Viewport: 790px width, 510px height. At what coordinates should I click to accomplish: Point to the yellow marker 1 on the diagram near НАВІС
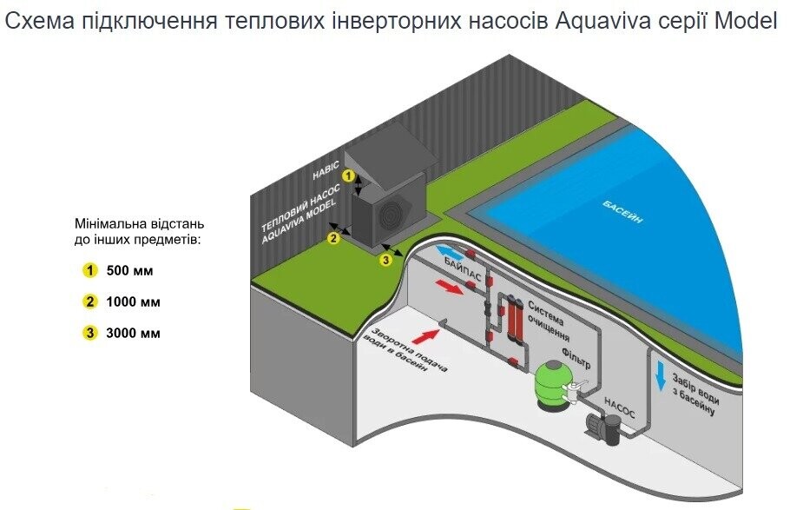click(x=348, y=176)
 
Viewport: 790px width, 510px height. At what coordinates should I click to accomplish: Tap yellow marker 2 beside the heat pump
click(x=333, y=238)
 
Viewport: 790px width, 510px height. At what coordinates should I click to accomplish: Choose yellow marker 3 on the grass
click(x=385, y=260)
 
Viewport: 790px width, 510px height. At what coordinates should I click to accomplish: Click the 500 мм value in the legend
click(x=129, y=271)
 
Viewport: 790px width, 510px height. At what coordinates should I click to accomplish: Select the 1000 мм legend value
click(x=133, y=302)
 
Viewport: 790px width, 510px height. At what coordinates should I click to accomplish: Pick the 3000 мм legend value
click(x=133, y=334)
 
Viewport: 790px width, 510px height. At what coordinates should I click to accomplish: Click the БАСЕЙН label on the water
click(x=622, y=211)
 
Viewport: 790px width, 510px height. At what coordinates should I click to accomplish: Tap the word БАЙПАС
click(x=463, y=270)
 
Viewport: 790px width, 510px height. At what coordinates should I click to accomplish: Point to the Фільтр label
click(x=576, y=356)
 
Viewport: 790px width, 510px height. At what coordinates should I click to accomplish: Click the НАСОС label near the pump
click(x=619, y=407)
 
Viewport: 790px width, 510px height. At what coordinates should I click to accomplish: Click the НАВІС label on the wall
click(x=326, y=171)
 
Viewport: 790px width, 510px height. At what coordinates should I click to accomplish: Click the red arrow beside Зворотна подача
click(x=425, y=335)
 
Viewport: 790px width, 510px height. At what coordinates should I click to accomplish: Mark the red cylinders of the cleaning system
click(x=510, y=318)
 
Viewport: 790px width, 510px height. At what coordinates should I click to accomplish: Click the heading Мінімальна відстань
click(x=139, y=223)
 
